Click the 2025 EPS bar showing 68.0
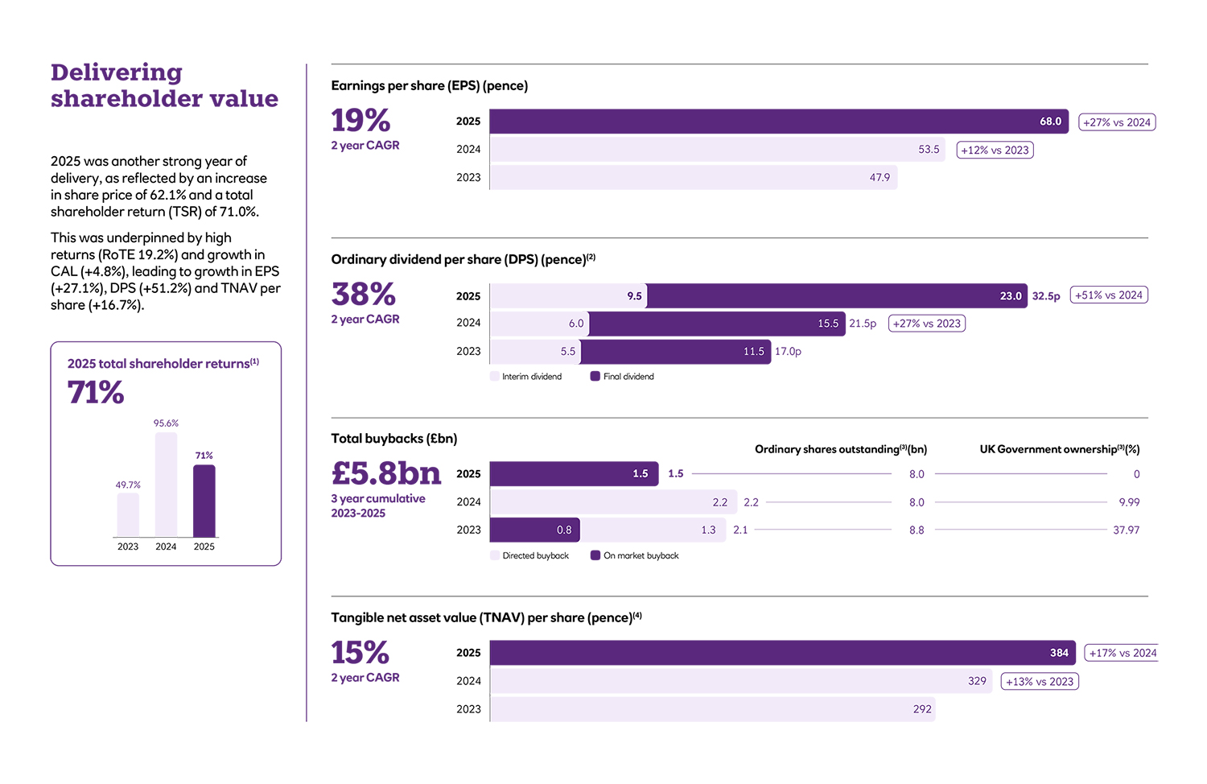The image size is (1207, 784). [x=778, y=122]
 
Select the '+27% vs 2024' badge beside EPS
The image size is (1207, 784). [x=1116, y=122]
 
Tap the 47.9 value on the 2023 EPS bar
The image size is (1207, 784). [x=880, y=178]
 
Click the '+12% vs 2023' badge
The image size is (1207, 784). [x=995, y=151]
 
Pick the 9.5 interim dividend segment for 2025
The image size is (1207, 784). [x=568, y=296]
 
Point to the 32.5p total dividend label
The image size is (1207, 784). [x=1046, y=296]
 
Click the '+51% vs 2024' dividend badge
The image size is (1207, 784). [x=1108, y=295]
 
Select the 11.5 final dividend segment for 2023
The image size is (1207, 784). [x=675, y=352]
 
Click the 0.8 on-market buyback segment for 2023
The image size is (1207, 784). [x=534, y=530]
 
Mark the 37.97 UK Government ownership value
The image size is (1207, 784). [x=1126, y=530]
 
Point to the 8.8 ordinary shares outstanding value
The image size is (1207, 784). [x=917, y=530]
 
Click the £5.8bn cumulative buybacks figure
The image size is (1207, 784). [x=386, y=473]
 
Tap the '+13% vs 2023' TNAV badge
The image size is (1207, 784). [x=1039, y=682]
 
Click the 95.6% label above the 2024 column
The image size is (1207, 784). [x=166, y=423]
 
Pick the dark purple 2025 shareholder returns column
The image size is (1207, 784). [x=204, y=501]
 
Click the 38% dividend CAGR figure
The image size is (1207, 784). [x=364, y=295]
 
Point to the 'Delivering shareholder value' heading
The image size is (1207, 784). [x=164, y=85]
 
